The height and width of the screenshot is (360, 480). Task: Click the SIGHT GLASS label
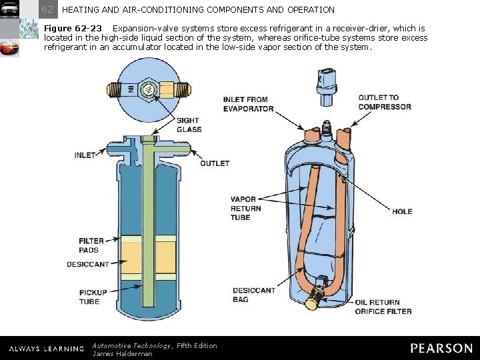[x=189, y=125]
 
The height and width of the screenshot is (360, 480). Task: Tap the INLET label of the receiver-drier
[x=85, y=155]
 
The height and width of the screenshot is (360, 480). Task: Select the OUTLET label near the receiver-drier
[x=215, y=163]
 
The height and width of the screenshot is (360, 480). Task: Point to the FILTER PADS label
[x=91, y=245]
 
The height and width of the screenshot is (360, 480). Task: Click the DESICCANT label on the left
[x=87, y=265]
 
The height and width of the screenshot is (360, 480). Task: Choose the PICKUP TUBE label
[x=91, y=297]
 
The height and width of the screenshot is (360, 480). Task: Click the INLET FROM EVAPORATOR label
[x=248, y=104]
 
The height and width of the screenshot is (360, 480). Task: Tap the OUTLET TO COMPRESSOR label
[x=384, y=102]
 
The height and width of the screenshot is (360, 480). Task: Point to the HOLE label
[x=402, y=211]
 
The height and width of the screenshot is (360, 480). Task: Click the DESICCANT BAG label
[x=253, y=295]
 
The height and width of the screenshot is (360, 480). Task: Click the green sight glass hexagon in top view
[x=148, y=89]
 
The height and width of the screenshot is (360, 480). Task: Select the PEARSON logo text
[x=441, y=348]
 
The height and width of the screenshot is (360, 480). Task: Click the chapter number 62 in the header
[x=48, y=9]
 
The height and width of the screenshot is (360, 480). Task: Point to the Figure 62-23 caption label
[x=73, y=29]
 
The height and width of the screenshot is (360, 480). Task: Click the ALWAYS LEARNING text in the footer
[x=46, y=349]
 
